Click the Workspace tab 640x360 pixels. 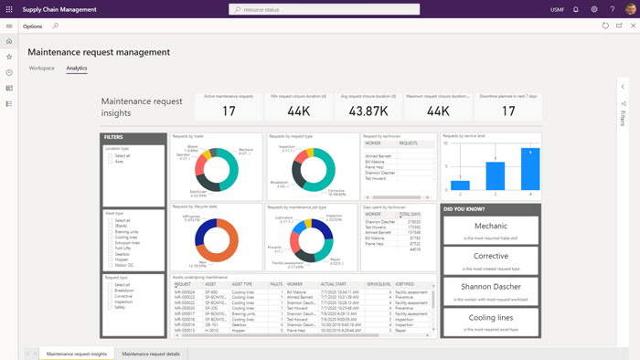click(42, 69)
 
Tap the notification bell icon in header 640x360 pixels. click(575, 9)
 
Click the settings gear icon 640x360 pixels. click(594, 9)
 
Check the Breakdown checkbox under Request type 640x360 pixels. click(110, 291)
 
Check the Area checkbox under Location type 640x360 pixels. click(110, 161)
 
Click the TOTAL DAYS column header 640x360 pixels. click(409, 214)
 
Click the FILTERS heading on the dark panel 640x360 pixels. click(114, 138)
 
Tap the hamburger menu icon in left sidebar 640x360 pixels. click(9, 26)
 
